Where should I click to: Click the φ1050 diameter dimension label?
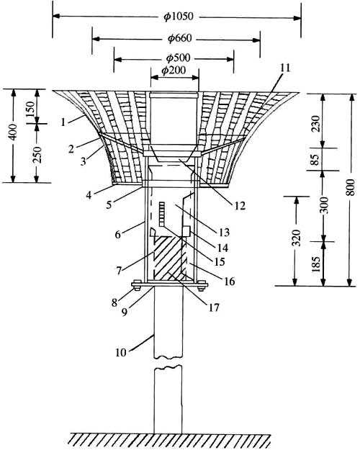tap(179, 17)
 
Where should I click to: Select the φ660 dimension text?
tap(179, 38)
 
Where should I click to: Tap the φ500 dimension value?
tap(178, 58)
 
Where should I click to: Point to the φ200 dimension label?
tap(174, 71)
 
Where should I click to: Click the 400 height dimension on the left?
tap(13, 132)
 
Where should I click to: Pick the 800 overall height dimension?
tap(350, 187)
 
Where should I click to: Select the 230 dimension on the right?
tap(316, 124)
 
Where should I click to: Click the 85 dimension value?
tap(315, 160)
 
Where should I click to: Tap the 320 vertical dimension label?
tap(296, 238)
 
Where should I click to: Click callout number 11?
tap(285, 68)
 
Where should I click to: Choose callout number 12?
tap(239, 205)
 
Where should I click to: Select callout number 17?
tap(214, 307)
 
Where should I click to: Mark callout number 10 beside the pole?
tap(121, 352)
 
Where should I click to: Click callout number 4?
tap(89, 195)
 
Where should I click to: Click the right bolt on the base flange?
tap(202, 285)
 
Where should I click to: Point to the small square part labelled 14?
tap(186, 231)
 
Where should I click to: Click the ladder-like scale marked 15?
tap(163, 214)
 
